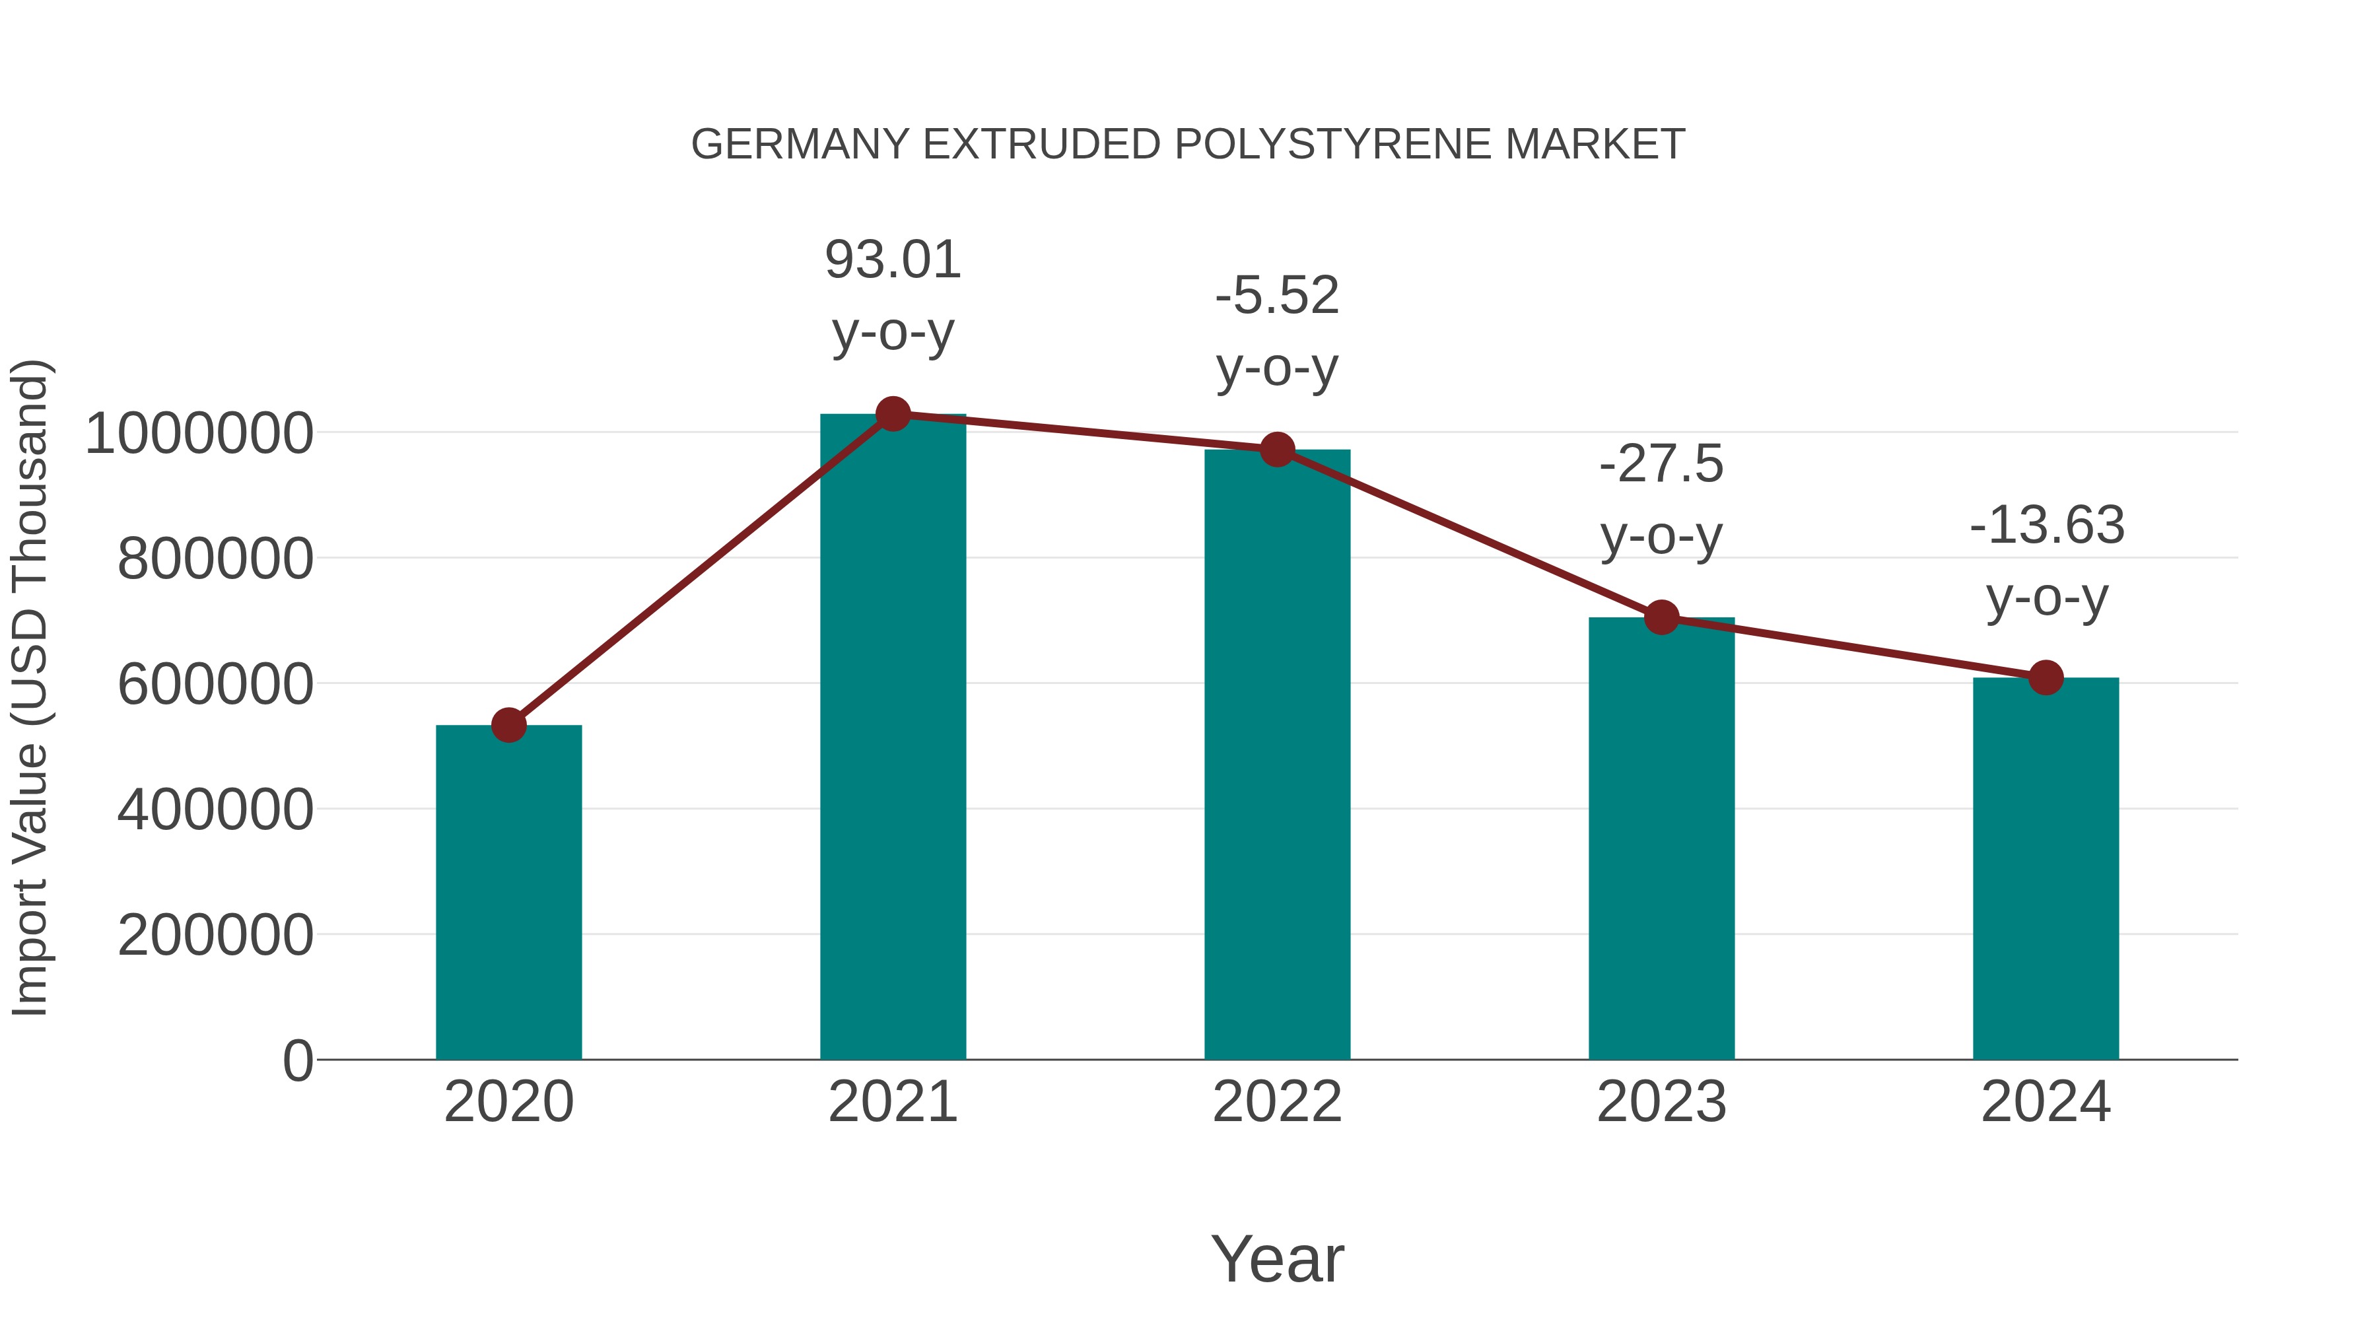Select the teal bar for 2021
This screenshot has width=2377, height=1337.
click(x=892, y=738)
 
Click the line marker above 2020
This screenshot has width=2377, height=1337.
click(x=508, y=725)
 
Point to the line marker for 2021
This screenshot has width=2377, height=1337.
click(x=892, y=414)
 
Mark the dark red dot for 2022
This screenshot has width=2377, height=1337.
click(x=1277, y=450)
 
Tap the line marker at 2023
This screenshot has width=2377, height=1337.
click(x=1661, y=617)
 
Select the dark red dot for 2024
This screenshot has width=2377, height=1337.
click(x=2046, y=678)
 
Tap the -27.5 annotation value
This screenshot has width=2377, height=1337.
click(x=1661, y=464)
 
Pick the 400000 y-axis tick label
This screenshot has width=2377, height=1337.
click(x=216, y=809)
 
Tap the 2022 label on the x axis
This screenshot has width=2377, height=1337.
click(x=1277, y=1102)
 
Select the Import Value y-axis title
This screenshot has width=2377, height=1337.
click(x=30, y=687)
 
